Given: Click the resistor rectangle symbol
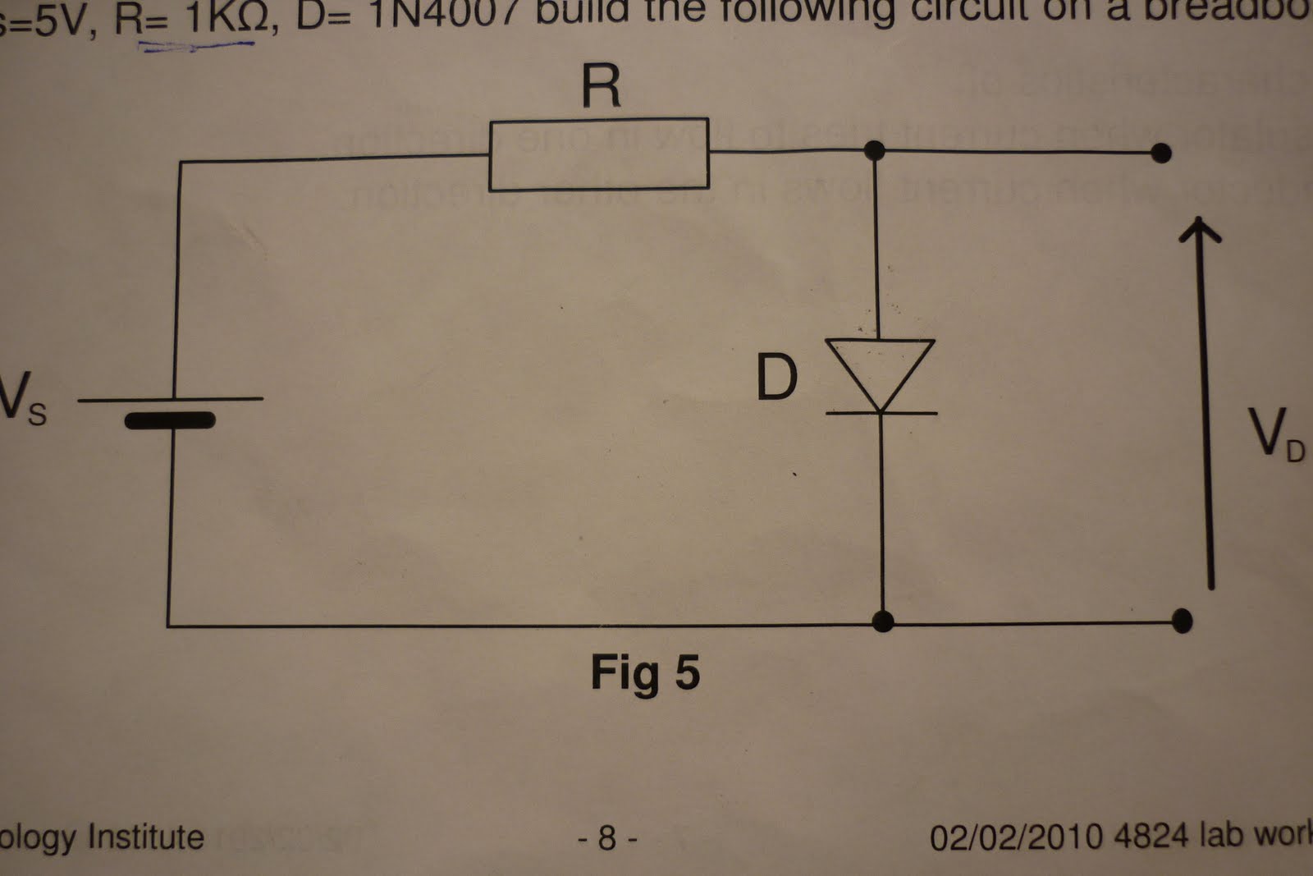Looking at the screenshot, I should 599,156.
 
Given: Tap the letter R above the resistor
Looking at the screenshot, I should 601,86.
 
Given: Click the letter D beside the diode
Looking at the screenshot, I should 775,378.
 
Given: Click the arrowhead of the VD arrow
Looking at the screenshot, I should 1200,230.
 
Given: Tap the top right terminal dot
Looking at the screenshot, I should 1160,153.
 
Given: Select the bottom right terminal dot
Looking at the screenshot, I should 1182,621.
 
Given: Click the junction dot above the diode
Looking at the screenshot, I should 875,150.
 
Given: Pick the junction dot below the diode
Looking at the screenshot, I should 882,621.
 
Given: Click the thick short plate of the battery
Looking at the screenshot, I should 170,421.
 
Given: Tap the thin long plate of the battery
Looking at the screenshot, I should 171,400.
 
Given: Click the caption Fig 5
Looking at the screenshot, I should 645,673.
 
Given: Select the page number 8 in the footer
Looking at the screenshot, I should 607,837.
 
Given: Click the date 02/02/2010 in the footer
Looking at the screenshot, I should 1016,837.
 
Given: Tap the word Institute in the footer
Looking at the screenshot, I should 145,837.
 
